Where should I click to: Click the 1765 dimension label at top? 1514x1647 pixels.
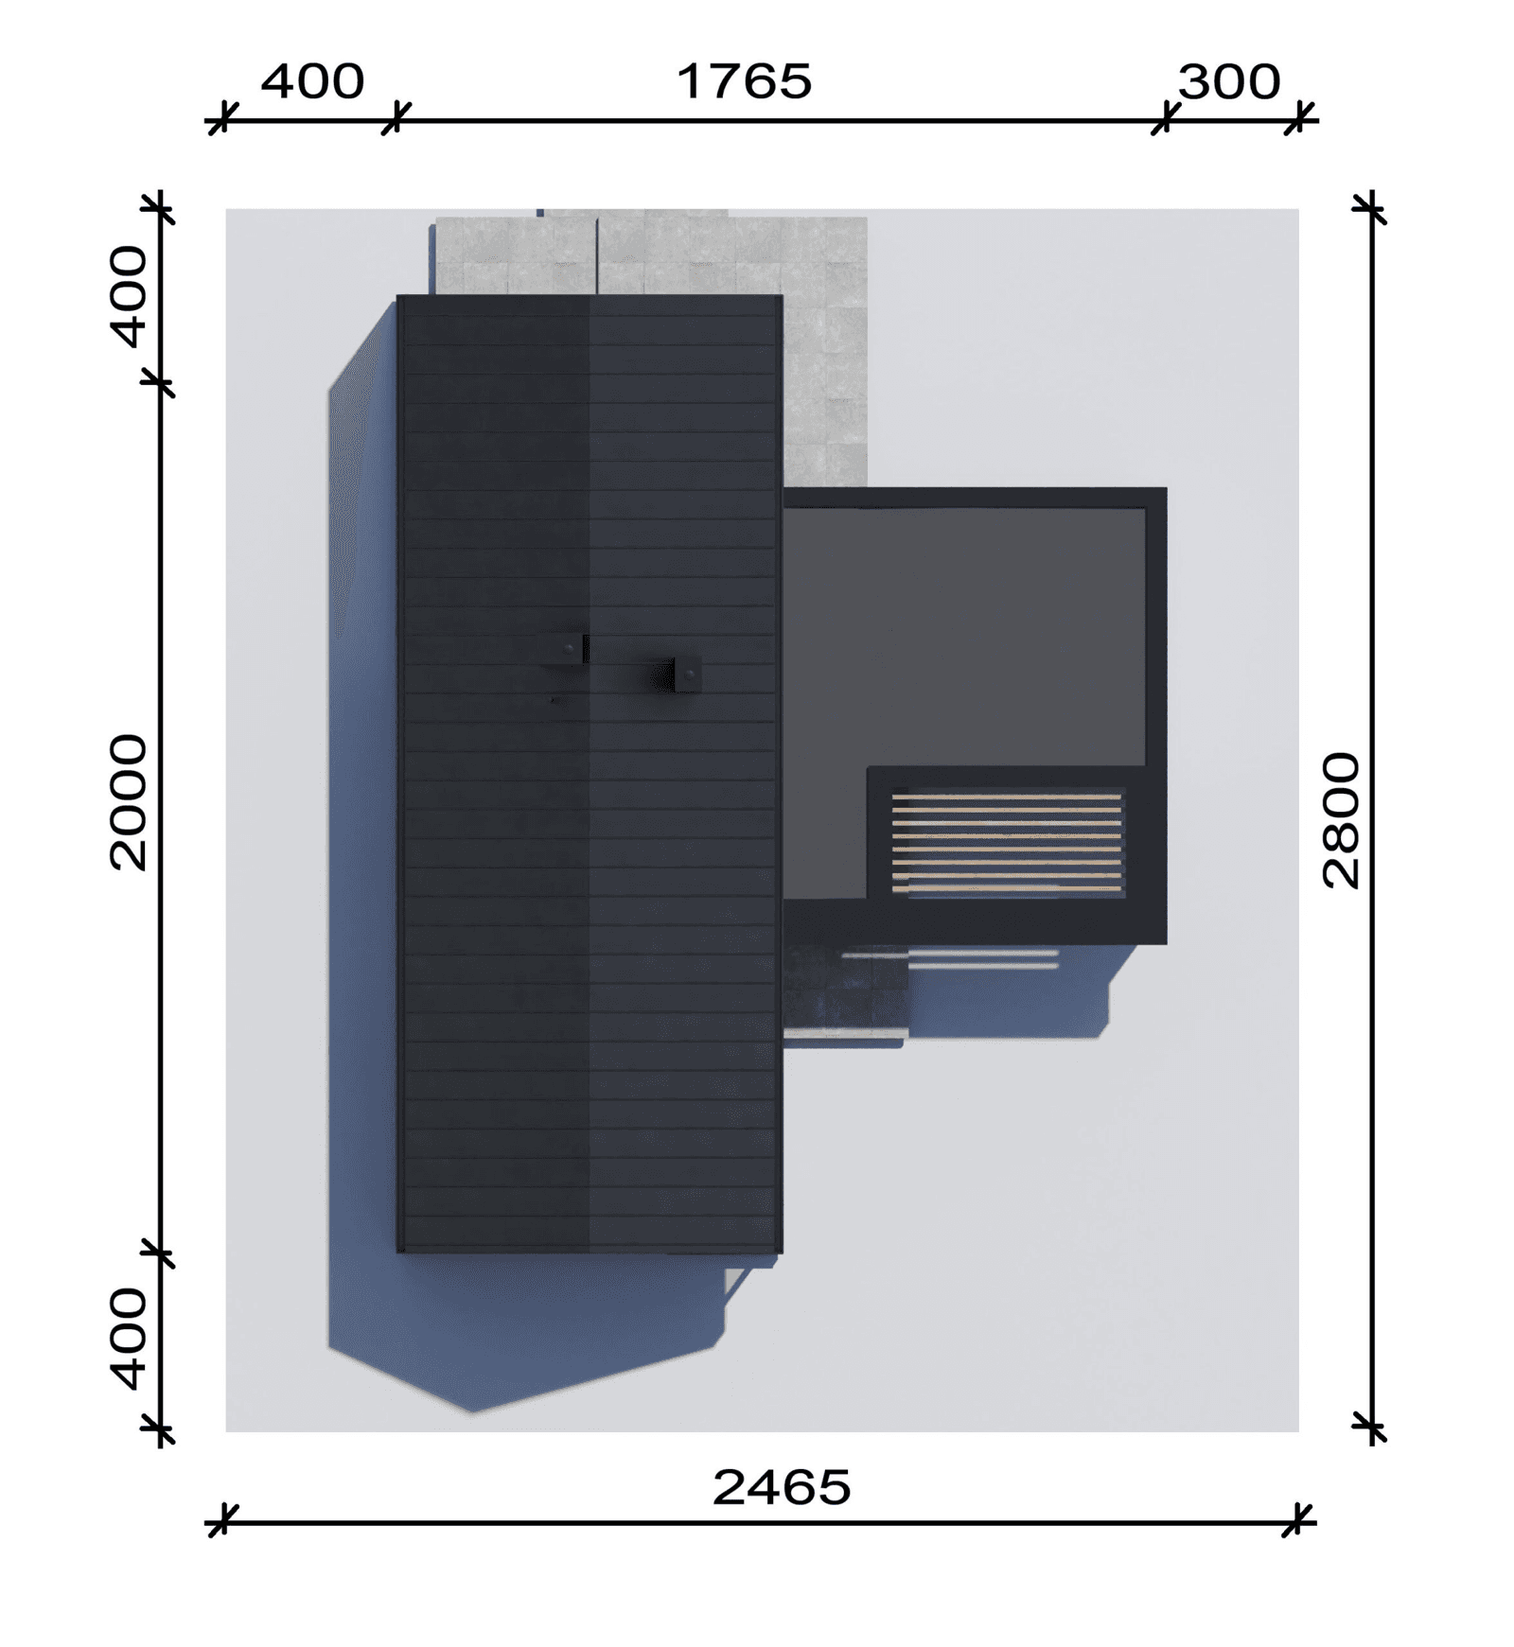point(744,81)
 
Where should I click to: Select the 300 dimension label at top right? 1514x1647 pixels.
point(1228,82)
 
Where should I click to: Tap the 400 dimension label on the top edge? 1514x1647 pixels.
point(311,82)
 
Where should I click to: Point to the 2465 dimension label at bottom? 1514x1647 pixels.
point(781,1487)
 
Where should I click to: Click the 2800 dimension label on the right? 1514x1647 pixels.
point(1340,820)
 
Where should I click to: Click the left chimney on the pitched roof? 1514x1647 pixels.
point(566,649)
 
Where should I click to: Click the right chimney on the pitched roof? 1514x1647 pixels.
point(683,675)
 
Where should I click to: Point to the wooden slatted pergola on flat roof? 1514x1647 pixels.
point(1007,843)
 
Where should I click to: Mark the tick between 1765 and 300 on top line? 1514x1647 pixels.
point(1166,120)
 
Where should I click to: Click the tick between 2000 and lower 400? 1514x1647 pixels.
point(161,1255)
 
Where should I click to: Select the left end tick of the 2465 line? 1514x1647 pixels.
point(220,1522)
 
